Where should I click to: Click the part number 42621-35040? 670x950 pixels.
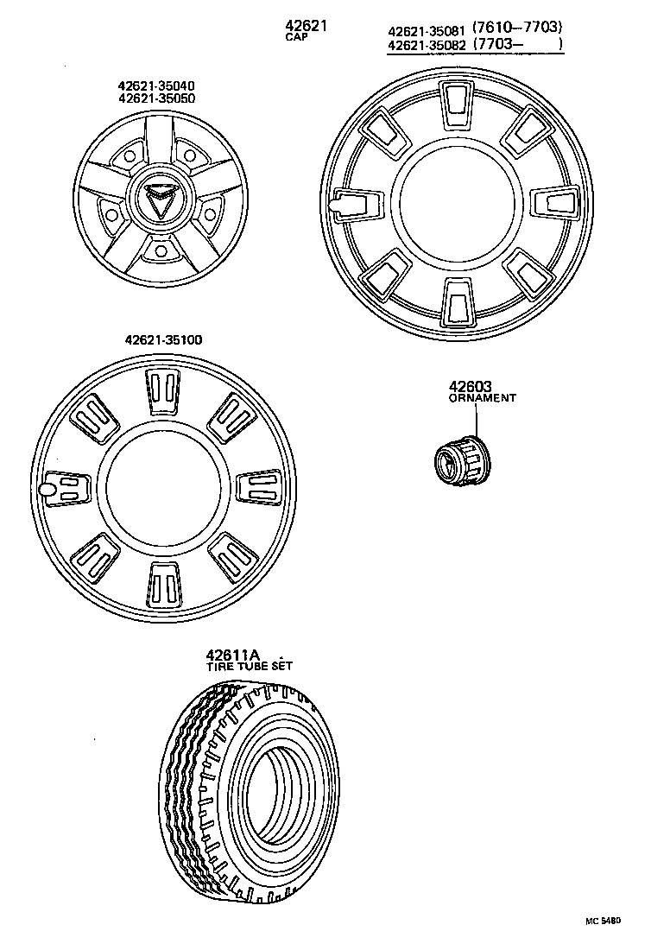tap(156, 85)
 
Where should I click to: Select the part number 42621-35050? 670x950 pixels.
tap(156, 98)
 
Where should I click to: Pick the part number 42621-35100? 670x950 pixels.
tap(163, 340)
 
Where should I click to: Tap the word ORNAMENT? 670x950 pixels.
tap(482, 399)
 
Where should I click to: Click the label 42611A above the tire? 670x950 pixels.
tap(233, 655)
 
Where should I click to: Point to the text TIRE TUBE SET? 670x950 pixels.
tap(249, 667)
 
